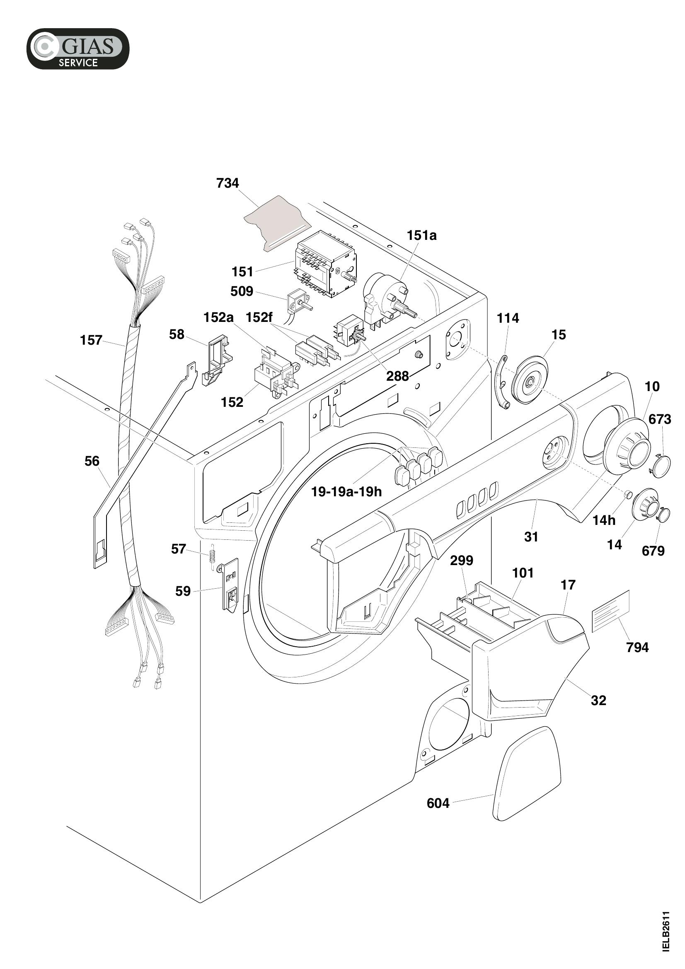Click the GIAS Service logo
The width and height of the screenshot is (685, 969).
77,48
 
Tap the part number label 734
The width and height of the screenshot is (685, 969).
228,183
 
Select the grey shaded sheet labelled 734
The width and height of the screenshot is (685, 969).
277,223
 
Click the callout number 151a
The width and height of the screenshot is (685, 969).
421,235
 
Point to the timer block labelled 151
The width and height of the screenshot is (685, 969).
326,264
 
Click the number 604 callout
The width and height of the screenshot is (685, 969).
438,804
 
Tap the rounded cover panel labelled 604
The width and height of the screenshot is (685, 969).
527,773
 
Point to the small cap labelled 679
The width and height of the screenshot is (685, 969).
663,515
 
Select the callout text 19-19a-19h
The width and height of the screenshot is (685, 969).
346,492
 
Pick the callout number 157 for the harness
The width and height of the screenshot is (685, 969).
91,340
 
